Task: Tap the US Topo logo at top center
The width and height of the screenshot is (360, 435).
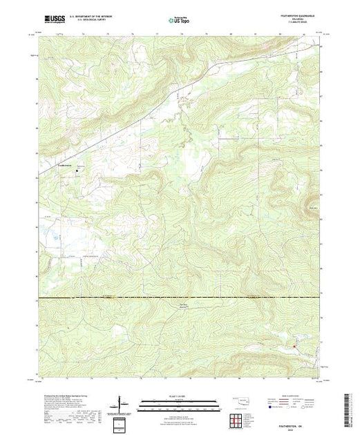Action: (x=180, y=21)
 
